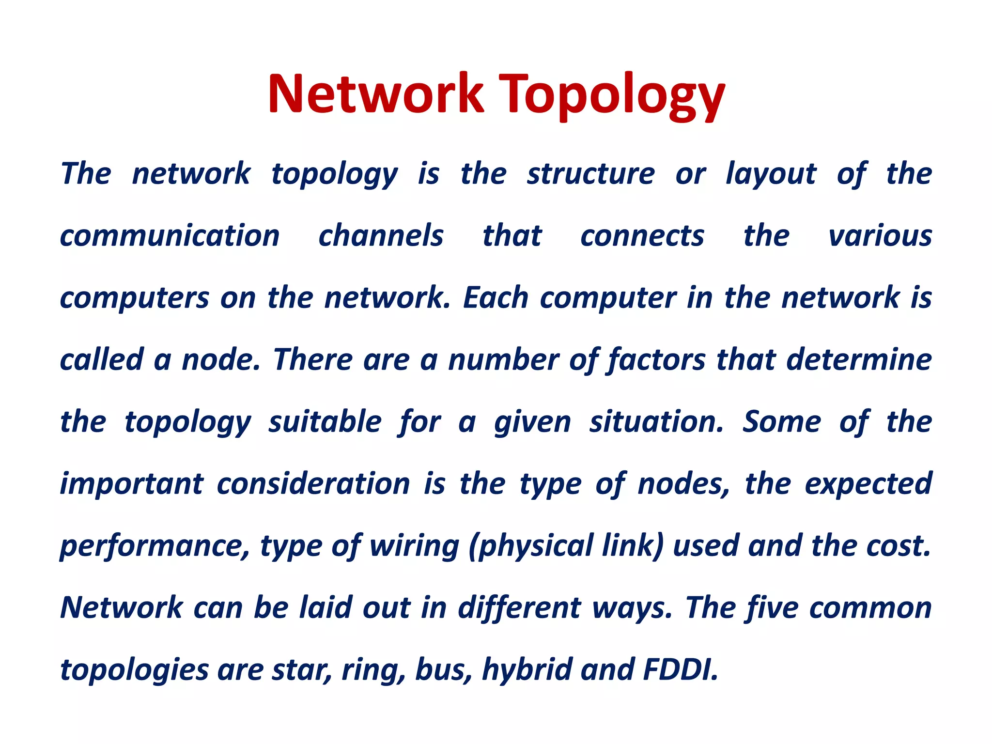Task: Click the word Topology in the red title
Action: click(x=611, y=94)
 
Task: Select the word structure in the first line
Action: click(x=591, y=174)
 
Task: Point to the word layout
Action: click(x=771, y=174)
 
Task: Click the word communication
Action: click(x=170, y=236)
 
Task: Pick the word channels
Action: click(x=381, y=236)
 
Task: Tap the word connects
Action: click(x=642, y=236)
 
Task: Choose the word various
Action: click(x=880, y=236)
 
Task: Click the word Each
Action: click(x=495, y=297)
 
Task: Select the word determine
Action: click(x=859, y=360)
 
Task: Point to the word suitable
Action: click(x=325, y=422)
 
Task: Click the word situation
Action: click(x=656, y=422)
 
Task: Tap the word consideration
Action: click(x=313, y=484)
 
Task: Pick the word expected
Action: click(x=868, y=484)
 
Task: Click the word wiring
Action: click(x=414, y=546)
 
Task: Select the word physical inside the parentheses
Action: click(x=535, y=546)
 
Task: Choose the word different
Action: click(x=519, y=608)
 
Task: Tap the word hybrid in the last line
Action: click(x=527, y=670)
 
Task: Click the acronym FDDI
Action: click(x=680, y=670)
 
